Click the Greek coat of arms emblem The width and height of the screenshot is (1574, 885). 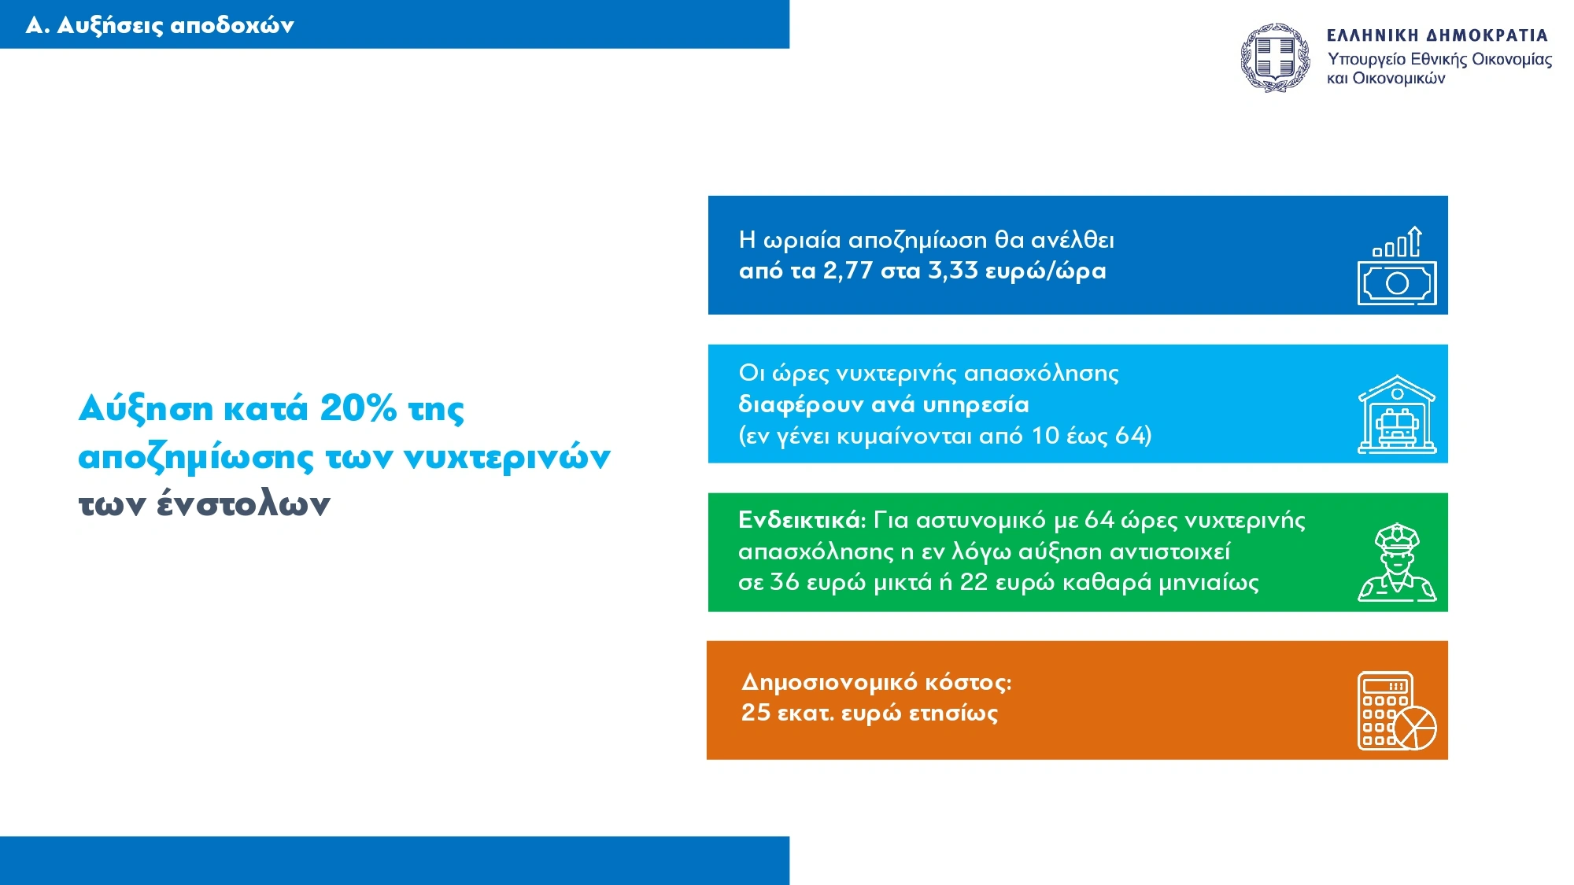[1276, 57]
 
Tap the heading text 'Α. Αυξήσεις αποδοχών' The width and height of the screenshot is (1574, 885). [160, 26]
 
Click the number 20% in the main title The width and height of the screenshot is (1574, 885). [358, 407]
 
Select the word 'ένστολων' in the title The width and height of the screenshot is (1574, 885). [243, 503]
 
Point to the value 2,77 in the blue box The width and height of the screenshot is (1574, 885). [848, 271]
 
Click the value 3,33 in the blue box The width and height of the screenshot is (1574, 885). [953, 271]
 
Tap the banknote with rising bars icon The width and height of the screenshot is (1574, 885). [1397, 266]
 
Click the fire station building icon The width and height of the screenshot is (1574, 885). [1397, 414]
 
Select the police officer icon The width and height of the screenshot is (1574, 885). [1397, 562]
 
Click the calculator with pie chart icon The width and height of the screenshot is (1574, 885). [1397, 711]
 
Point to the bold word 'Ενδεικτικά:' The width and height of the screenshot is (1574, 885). [802, 520]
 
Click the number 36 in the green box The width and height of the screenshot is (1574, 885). [785, 582]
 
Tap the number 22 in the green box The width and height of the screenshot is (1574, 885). [974, 582]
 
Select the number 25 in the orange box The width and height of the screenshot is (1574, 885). [756, 713]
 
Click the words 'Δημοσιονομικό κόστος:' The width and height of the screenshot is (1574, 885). [877, 682]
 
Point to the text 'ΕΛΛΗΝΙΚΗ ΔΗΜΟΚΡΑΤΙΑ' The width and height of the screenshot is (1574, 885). [1437, 35]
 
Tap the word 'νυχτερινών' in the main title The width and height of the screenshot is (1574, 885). [507, 456]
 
